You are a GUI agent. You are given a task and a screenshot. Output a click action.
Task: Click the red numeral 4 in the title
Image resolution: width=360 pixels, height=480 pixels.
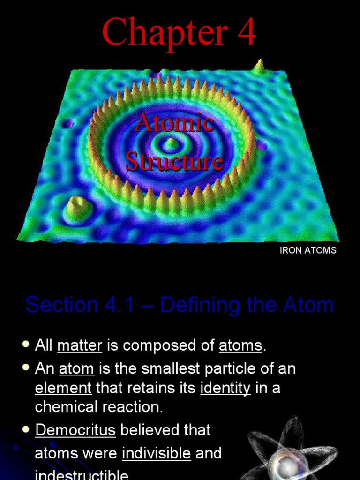pos(246,32)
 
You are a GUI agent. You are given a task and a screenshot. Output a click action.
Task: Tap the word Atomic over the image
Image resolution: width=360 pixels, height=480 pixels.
pos(174,123)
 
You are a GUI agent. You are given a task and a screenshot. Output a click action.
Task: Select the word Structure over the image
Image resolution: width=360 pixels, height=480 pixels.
pos(174,161)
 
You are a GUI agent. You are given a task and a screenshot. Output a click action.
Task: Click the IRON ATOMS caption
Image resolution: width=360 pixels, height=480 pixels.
pos(308,250)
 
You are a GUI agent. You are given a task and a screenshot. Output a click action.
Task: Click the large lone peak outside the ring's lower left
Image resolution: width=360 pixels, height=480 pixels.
pos(76,208)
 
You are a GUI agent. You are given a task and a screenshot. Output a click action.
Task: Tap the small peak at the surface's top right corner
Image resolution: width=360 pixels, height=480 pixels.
pos(259,66)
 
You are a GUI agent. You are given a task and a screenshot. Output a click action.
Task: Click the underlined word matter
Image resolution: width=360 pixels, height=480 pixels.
pos(80,346)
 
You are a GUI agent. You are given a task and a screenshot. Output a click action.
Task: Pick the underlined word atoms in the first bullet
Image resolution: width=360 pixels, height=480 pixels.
pos(240,346)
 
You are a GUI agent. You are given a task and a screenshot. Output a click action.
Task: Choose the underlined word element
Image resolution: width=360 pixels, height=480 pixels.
pos(63,388)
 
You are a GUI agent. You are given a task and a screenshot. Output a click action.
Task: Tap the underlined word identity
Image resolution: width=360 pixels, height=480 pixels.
pos(225,388)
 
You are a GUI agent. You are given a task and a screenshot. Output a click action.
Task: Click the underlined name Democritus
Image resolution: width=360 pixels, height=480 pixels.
pos(75,430)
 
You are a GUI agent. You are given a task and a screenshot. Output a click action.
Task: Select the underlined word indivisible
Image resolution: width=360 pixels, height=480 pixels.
pos(157,453)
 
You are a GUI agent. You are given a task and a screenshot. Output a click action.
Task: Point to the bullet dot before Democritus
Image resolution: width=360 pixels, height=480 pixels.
pos(26,429)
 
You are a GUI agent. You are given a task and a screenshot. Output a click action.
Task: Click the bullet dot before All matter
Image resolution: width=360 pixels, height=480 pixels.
pos(26,345)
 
